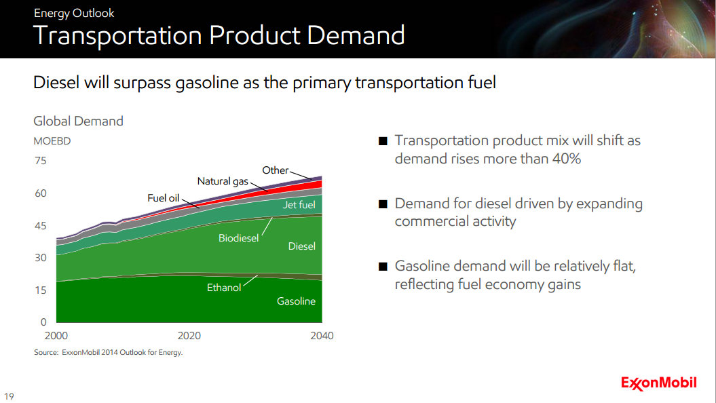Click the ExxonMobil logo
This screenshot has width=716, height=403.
pyautogui.click(x=658, y=383)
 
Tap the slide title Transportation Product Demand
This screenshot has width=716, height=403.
pyautogui.click(x=219, y=35)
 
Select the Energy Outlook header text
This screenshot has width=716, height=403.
pyautogui.click(x=74, y=13)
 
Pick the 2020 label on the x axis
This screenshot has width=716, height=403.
pyautogui.click(x=189, y=336)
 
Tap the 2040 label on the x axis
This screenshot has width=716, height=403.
pyautogui.click(x=321, y=336)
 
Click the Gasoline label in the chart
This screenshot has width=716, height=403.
pyautogui.click(x=296, y=301)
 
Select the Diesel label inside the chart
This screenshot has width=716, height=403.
pyautogui.click(x=302, y=246)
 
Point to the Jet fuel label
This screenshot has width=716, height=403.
pyautogui.click(x=299, y=204)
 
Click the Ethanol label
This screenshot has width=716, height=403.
pyautogui.click(x=224, y=288)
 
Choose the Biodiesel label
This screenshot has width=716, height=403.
pyautogui.click(x=238, y=239)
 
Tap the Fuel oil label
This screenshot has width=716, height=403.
pyautogui.click(x=163, y=198)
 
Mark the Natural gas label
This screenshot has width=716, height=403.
pyautogui.click(x=223, y=181)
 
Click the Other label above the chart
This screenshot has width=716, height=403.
pyautogui.click(x=275, y=170)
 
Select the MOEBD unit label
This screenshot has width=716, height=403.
pyautogui.click(x=52, y=142)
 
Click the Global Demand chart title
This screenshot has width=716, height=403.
pyautogui.click(x=79, y=121)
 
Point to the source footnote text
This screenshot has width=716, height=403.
pyautogui.click(x=109, y=353)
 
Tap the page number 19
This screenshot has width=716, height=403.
pyautogui.click(x=9, y=396)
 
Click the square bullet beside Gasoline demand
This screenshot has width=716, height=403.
pyautogui.click(x=383, y=267)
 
